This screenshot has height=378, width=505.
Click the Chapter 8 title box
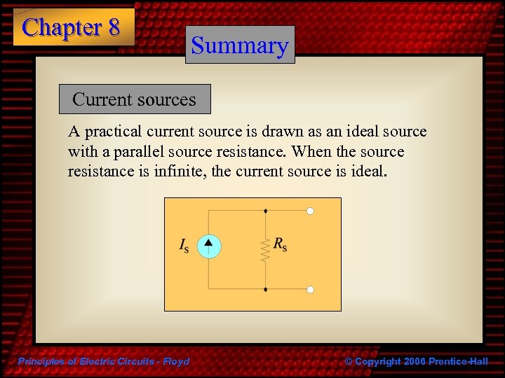[x=72, y=27]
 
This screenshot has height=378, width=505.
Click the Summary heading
[x=240, y=45]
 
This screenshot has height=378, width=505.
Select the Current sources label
[x=134, y=99]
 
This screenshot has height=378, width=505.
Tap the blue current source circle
[x=208, y=246]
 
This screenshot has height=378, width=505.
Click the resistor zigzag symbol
[x=265, y=248]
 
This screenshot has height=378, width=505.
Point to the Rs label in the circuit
[x=281, y=244]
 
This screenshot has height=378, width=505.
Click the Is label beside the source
[x=184, y=246]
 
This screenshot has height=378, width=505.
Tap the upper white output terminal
[x=310, y=210]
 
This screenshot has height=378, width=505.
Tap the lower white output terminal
[x=310, y=289]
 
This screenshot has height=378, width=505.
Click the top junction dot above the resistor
[x=265, y=210]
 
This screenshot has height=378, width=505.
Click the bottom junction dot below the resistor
[x=265, y=289]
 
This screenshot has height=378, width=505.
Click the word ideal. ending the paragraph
[x=368, y=171]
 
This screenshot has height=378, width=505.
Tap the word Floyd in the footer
[x=175, y=361]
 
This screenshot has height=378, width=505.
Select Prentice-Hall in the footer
[x=459, y=361]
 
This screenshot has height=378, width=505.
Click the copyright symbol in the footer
[x=349, y=361]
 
